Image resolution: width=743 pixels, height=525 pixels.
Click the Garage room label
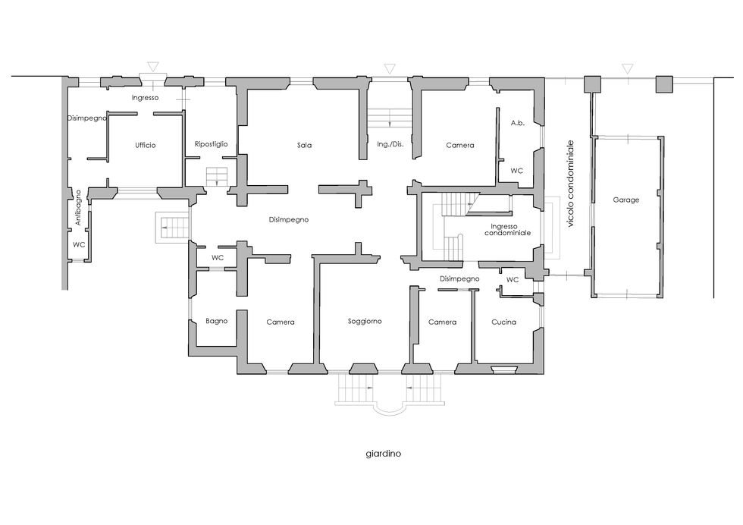[x=626, y=200]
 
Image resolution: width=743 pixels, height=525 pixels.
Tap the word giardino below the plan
[x=384, y=454]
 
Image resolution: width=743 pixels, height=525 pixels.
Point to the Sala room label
[x=304, y=145]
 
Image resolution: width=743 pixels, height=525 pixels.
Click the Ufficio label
[x=145, y=145]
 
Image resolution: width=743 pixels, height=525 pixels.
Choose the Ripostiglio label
[x=212, y=144]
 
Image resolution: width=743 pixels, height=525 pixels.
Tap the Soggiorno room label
[x=365, y=322]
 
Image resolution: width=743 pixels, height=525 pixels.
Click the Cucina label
[x=503, y=322]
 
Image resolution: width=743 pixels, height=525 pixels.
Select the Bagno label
[x=217, y=321]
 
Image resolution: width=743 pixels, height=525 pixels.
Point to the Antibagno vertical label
[x=79, y=208]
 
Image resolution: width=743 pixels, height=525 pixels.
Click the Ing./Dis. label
[x=390, y=144]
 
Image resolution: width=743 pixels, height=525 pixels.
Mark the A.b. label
[x=517, y=123]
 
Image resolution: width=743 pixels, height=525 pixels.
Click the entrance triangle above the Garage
[x=628, y=68]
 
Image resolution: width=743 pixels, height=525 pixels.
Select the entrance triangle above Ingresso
[x=152, y=67]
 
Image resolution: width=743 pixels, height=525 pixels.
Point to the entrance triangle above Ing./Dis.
[x=389, y=69]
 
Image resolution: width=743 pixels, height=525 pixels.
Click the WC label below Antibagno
[x=79, y=245]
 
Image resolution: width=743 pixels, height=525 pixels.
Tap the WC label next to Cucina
[x=513, y=280]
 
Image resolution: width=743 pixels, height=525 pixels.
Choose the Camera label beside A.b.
[x=460, y=146]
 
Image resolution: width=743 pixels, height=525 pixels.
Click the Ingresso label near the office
[x=145, y=98]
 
